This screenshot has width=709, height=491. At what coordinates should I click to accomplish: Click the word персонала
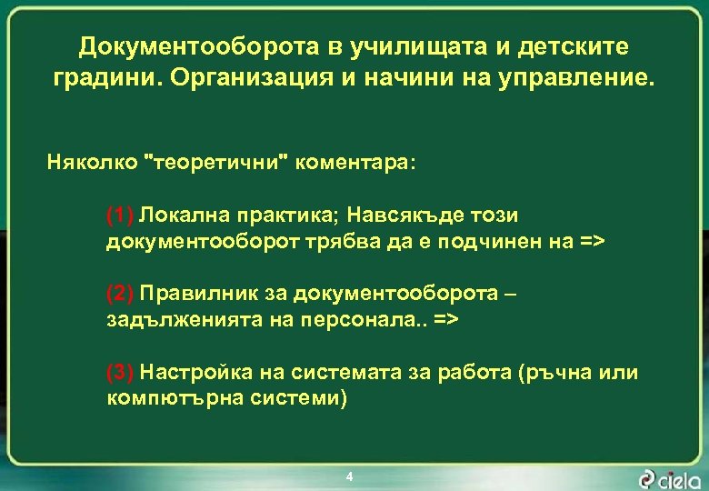[x=364, y=319]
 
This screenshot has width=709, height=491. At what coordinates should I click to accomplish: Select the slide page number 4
[x=349, y=476]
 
